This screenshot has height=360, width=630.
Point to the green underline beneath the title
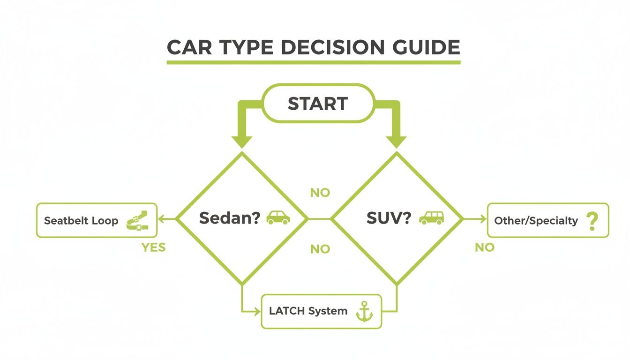[314, 62]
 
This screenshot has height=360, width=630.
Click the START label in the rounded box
[318, 104]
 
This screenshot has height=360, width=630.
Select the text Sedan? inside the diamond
[230, 218]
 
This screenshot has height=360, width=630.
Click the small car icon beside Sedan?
[278, 217]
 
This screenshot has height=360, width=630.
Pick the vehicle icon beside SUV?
[431, 217]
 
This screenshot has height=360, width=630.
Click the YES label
[154, 247]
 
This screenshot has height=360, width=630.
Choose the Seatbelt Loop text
[81, 221]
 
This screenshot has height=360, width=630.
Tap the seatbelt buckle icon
[137, 220]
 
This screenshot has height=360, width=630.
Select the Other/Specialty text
[536, 221]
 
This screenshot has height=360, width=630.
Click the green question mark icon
[592, 220]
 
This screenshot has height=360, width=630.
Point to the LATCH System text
[308, 311]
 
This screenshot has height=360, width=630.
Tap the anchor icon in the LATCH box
[364, 312]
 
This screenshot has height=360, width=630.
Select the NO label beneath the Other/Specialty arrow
[484, 247]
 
